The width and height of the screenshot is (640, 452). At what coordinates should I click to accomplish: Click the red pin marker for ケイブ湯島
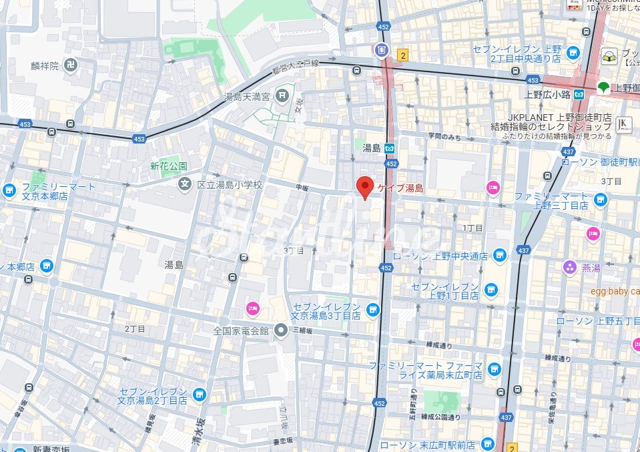pos(364,187)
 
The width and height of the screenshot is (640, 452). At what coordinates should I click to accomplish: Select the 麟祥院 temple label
pos(45,65)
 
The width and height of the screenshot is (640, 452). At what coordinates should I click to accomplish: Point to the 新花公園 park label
pos(168,166)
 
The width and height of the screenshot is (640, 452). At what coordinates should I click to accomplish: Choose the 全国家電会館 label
pos(240,330)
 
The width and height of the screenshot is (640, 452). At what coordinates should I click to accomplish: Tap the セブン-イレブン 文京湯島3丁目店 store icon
pos(372,308)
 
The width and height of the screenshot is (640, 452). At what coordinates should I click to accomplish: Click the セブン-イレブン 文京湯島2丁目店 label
pos(152,396)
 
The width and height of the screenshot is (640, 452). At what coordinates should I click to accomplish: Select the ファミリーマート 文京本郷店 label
pos(45,192)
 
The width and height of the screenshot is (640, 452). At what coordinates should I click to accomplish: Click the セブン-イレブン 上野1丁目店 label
pos(445,290)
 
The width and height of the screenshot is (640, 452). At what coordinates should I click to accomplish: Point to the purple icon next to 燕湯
pos(569,268)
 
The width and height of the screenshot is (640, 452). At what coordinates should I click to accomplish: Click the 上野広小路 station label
pos(547,94)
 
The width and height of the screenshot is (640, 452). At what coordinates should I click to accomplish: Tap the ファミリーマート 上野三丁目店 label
pos(551,201)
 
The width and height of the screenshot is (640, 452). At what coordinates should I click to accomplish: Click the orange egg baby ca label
pos(615,291)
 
